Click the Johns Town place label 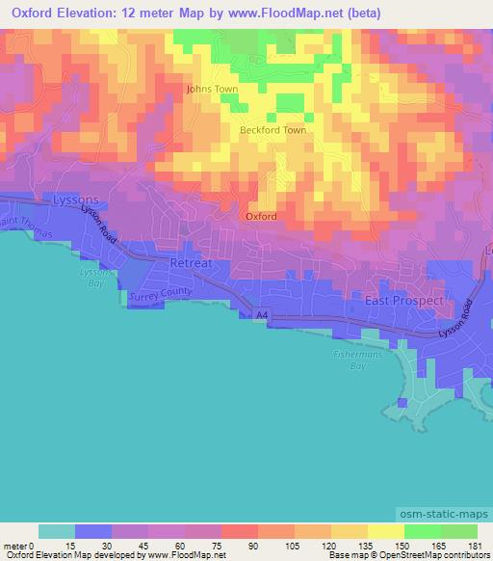pos(212,89)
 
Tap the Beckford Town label pos(272,129)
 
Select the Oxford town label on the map pos(261,216)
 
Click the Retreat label pos(189,262)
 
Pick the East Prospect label pos(404,301)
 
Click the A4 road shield pos(261,314)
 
